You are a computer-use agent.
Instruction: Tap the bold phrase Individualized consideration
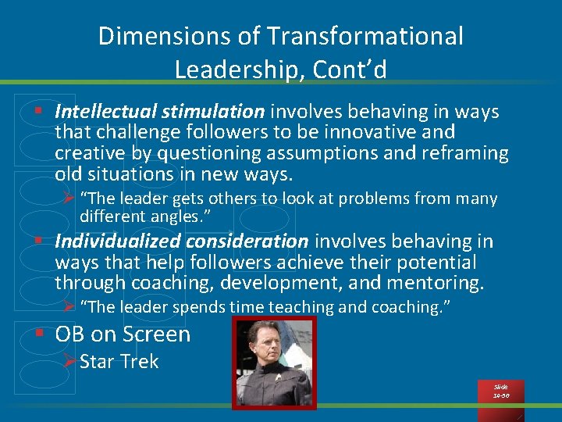pos(182,241)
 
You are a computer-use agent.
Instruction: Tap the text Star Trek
pos(119,362)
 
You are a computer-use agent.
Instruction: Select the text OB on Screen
pos(123,334)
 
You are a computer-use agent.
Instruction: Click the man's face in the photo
pos(272,343)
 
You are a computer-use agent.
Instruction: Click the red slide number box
pos(500,392)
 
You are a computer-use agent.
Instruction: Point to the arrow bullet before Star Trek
pos(69,362)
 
